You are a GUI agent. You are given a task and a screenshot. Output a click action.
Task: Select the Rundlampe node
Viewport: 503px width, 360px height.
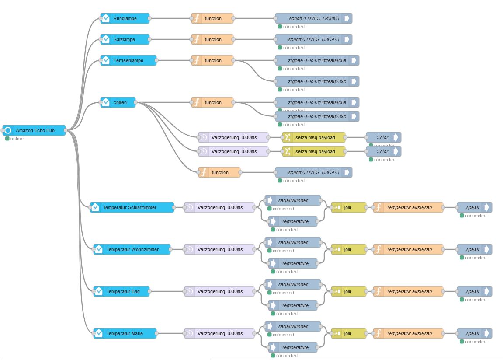point(125,18)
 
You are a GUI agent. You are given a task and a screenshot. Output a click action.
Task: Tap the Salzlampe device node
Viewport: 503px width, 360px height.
point(125,39)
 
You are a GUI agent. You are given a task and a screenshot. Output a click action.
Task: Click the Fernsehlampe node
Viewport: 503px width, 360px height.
point(128,60)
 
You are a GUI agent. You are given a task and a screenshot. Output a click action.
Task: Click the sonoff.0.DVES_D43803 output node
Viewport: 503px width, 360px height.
point(313,18)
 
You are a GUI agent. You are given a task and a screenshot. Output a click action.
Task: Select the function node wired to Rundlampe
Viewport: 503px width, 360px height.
point(212,18)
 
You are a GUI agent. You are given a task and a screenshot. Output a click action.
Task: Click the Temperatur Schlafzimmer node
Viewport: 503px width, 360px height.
point(132,207)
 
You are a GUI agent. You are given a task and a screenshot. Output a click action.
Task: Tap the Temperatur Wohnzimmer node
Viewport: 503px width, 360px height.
point(132,249)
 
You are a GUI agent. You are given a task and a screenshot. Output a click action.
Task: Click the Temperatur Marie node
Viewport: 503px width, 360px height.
point(125,333)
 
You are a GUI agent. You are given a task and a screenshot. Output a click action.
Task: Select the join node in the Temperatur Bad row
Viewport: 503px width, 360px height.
point(348,291)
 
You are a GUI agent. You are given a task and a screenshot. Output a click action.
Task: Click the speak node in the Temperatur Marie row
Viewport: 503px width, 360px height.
point(474,333)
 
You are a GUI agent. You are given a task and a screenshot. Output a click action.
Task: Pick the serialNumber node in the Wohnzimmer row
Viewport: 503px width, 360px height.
point(292,242)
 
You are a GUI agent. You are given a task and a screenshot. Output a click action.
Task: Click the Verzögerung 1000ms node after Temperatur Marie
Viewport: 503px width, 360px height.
point(219,333)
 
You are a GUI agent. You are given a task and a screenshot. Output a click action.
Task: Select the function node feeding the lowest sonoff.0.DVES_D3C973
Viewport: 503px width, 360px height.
point(219,172)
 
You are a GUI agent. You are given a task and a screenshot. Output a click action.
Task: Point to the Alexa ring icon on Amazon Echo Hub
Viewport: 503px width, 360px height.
point(8,130)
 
